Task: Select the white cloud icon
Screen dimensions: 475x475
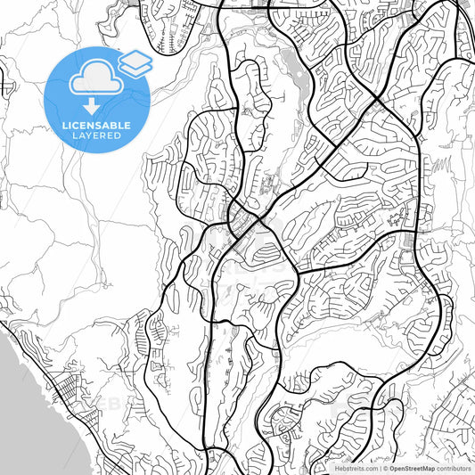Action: (x=95, y=79)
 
